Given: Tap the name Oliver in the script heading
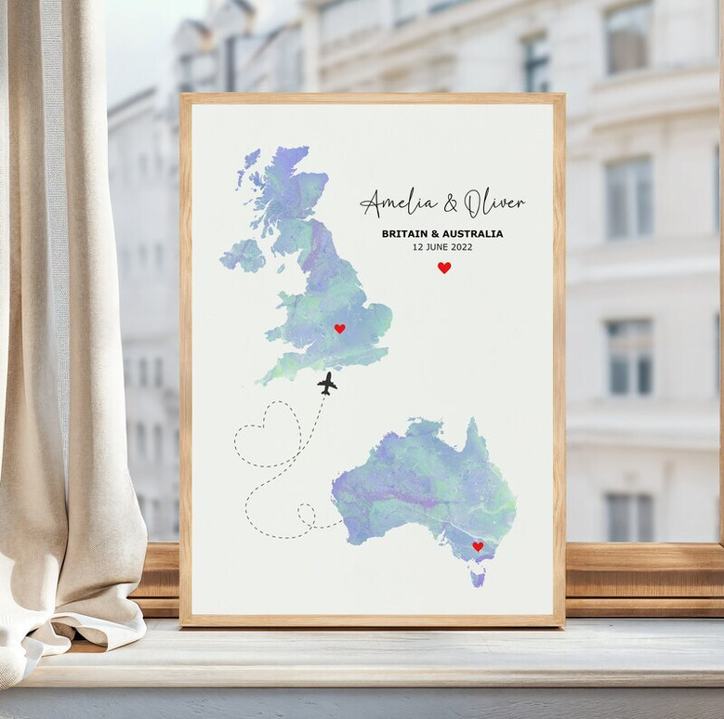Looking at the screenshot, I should click(494, 202).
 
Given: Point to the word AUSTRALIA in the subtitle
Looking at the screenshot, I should click(474, 234).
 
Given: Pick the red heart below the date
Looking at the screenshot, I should click(444, 268).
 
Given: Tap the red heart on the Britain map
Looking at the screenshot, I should click(339, 328).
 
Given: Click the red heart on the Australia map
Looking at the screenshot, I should click(478, 546).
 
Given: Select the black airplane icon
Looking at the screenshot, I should click(326, 383).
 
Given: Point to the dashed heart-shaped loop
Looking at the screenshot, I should click(268, 433).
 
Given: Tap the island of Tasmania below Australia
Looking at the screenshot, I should click(478, 578).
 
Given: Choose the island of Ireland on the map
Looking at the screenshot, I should click(244, 254).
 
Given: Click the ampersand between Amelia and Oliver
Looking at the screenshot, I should click(451, 203).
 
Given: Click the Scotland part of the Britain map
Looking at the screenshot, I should click(283, 186).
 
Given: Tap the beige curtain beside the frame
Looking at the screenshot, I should click(65, 372).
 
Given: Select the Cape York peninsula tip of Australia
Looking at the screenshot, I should click(473, 427).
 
